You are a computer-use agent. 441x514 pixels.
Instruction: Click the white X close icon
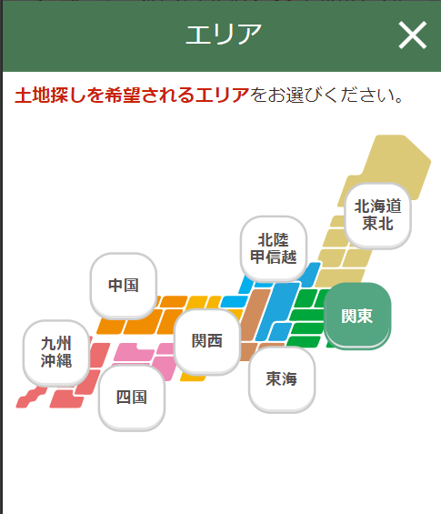click(x=413, y=35)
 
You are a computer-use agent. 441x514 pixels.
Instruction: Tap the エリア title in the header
click(x=224, y=34)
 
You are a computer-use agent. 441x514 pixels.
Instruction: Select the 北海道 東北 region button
click(x=377, y=216)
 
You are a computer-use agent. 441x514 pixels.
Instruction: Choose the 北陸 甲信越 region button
click(x=274, y=248)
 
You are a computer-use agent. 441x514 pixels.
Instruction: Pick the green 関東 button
click(x=357, y=316)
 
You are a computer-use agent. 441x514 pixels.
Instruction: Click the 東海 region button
click(x=282, y=379)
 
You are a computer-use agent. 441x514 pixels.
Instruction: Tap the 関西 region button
click(x=207, y=341)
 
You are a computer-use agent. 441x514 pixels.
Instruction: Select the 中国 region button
click(x=124, y=286)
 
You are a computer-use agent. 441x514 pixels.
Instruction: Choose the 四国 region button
click(x=132, y=398)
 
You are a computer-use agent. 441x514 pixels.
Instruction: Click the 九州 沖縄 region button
click(x=56, y=352)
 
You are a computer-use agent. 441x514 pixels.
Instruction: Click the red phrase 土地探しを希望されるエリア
click(x=132, y=96)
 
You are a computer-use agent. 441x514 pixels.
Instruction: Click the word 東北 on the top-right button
click(x=377, y=224)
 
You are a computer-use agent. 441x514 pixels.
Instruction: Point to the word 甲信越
click(x=274, y=257)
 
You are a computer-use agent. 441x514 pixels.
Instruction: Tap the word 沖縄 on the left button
click(x=56, y=360)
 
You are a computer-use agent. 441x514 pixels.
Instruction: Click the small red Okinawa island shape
click(x=32, y=398)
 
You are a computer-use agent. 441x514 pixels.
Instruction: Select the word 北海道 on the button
click(x=377, y=207)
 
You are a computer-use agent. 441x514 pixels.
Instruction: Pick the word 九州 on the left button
click(x=56, y=344)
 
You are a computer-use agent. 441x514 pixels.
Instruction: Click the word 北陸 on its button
click(x=274, y=240)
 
